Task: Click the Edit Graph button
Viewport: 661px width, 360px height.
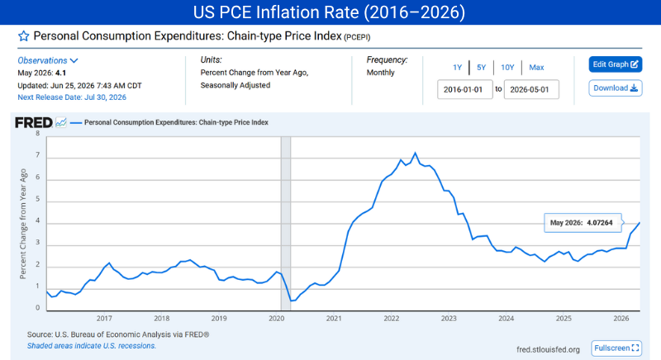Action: click(x=615, y=64)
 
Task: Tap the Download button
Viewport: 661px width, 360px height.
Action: click(x=615, y=88)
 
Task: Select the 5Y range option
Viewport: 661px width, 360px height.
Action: click(x=481, y=68)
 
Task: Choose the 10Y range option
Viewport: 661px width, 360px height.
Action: click(x=507, y=68)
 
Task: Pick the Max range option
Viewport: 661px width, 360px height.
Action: click(x=536, y=68)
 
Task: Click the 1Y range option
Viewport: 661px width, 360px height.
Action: click(x=458, y=68)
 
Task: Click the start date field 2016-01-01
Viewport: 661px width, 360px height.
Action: click(x=464, y=89)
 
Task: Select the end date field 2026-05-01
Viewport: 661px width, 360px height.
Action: click(x=531, y=89)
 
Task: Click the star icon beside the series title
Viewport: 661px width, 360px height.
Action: click(x=24, y=36)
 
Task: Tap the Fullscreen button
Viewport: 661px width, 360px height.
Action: click(x=616, y=348)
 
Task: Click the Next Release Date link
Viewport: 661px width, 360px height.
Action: click(x=72, y=97)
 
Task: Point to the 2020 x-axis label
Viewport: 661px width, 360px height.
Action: click(x=277, y=319)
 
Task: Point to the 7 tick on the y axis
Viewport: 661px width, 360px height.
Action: click(x=38, y=155)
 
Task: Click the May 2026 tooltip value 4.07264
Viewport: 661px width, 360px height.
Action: click(x=600, y=223)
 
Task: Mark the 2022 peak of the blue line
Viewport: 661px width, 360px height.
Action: click(x=416, y=153)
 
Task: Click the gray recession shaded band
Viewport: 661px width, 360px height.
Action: click(x=286, y=224)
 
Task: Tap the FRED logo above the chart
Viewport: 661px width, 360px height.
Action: click(x=34, y=122)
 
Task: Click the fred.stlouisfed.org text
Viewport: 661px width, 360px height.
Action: click(x=548, y=349)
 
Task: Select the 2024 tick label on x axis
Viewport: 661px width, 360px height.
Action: click(x=506, y=319)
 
